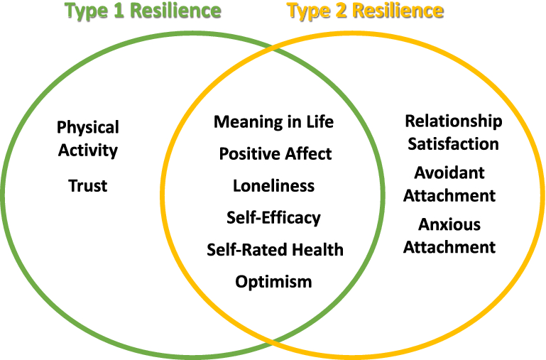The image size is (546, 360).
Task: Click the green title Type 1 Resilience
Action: click(x=143, y=11)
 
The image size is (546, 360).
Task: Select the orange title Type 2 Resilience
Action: click(x=366, y=11)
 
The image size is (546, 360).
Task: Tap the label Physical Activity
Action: click(x=88, y=139)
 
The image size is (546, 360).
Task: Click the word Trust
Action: click(x=88, y=186)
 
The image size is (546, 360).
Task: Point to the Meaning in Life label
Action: click(x=273, y=121)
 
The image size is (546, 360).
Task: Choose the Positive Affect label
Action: click(x=275, y=153)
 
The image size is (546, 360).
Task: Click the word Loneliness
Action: click(x=273, y=186)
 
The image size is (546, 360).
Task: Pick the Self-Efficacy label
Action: click(x=273, y=218)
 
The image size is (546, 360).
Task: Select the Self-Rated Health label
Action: click(x=275, y=250)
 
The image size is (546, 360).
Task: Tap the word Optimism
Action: click(x=273, y=282)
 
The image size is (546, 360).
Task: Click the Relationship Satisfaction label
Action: click(x=453, y=133)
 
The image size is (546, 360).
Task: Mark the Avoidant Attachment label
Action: click(x=449, y=184)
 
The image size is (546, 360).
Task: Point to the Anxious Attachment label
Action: click(x=449, y=236)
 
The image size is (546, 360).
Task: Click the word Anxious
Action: click(x=449, y=225)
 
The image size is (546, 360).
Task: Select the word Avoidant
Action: click(x=449, y=173)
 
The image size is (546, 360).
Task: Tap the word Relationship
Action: click(x=453, y=121)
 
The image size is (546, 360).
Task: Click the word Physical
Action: click(x=88, y=128)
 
